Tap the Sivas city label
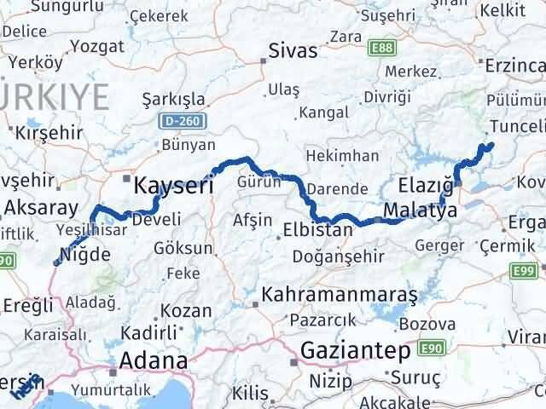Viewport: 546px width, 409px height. click(x=293, y=50)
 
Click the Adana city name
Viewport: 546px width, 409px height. click(x=154, y=360)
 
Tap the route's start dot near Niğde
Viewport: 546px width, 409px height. click(x=57, y=262)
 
